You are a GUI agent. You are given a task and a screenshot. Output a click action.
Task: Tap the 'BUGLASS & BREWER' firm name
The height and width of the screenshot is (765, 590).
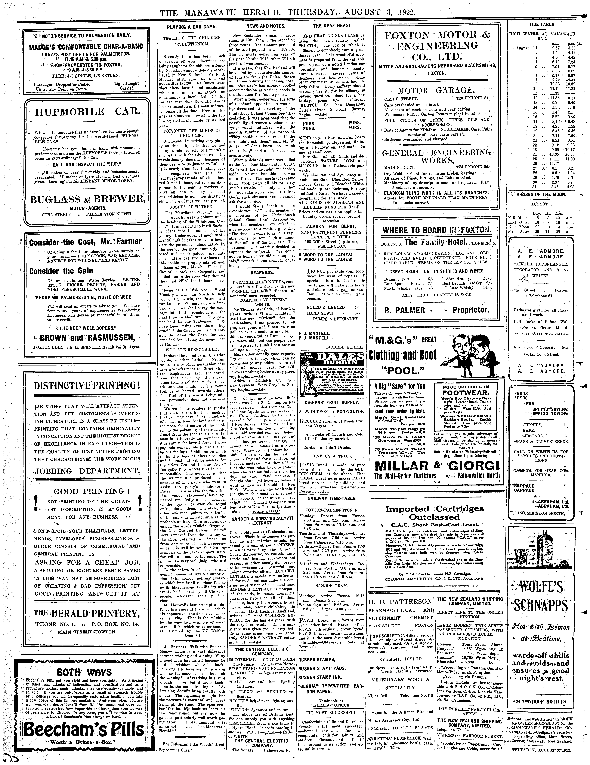tap(88, 199)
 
